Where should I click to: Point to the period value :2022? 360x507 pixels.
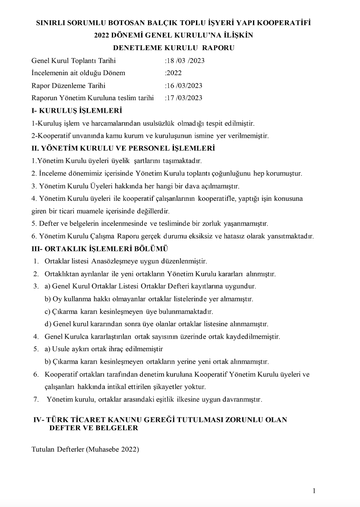point(173,73)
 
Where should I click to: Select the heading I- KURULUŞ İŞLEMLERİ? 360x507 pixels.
point(77,111)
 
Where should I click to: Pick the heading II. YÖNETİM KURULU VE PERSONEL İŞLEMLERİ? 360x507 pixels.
point(123,148)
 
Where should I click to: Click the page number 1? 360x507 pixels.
point(314,491)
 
